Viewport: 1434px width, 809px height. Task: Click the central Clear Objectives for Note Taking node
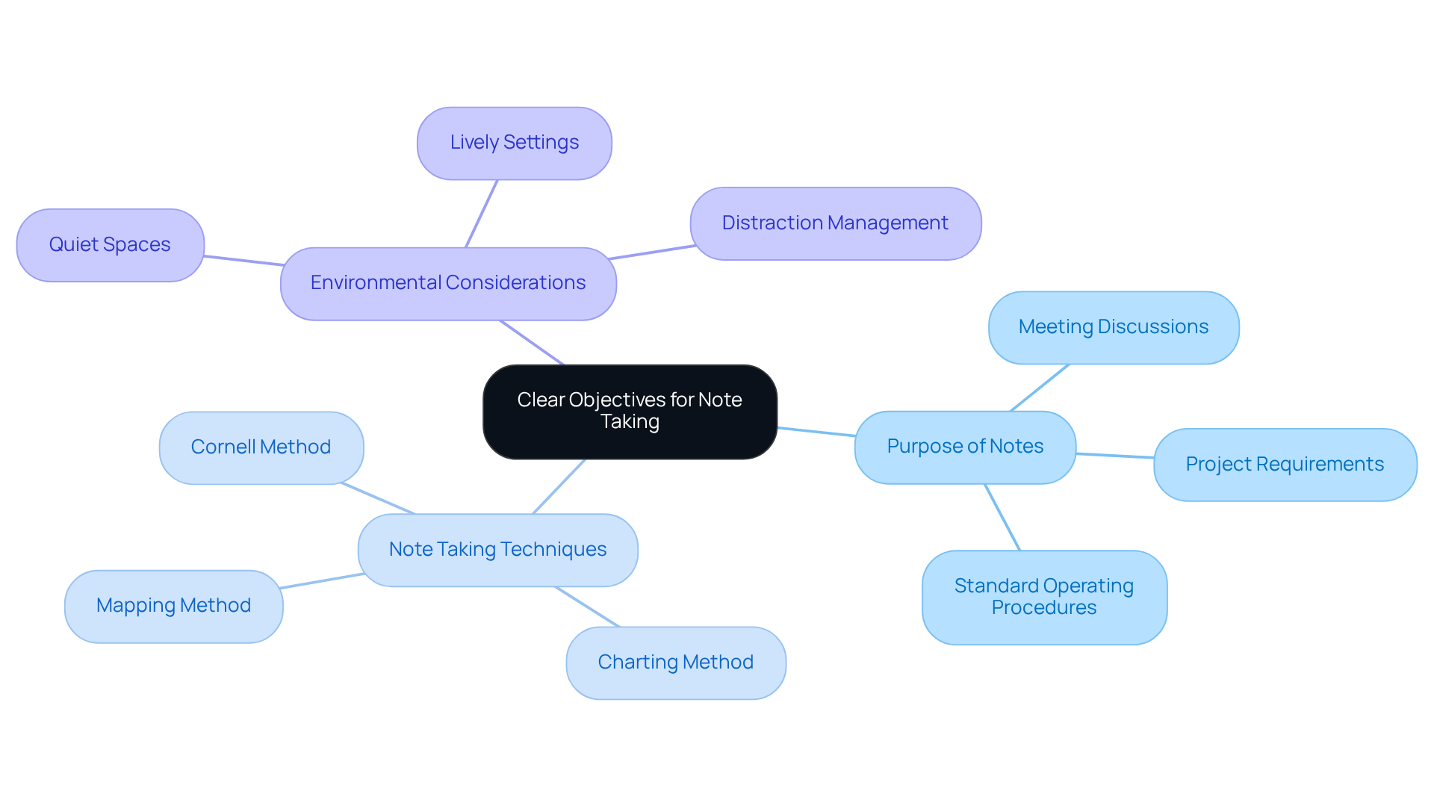click(630, 412)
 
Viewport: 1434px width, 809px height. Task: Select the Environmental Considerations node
click(448, 284)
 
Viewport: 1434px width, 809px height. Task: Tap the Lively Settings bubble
click(514, 143)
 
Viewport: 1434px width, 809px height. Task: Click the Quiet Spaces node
click(110, 245)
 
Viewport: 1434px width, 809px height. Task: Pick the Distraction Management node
click(835, 223)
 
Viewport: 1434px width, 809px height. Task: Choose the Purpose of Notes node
click(964, 447)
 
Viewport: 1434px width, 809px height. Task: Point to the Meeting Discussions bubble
click(1113, 327)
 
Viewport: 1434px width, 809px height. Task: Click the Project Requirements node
click(1285, 465)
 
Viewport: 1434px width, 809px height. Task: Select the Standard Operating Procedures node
click(1043, 597)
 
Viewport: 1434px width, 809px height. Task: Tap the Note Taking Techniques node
click(497, 550)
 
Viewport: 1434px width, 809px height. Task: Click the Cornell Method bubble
click(261, 447)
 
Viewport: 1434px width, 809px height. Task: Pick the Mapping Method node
click(173, 606)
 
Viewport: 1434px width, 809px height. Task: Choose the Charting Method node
click(675, 663)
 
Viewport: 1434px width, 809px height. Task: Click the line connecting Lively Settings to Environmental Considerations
click(482, 214)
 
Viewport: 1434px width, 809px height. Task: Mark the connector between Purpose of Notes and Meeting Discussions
click(1040, 388)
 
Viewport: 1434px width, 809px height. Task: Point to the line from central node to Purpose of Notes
click(816, 432)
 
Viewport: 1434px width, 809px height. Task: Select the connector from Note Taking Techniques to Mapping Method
click(323, 581)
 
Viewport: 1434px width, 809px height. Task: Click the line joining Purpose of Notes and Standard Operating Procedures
click(1002, 518)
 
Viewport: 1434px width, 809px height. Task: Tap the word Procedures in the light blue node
click(1043, 608)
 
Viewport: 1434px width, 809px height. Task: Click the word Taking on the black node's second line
click(630, 422)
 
